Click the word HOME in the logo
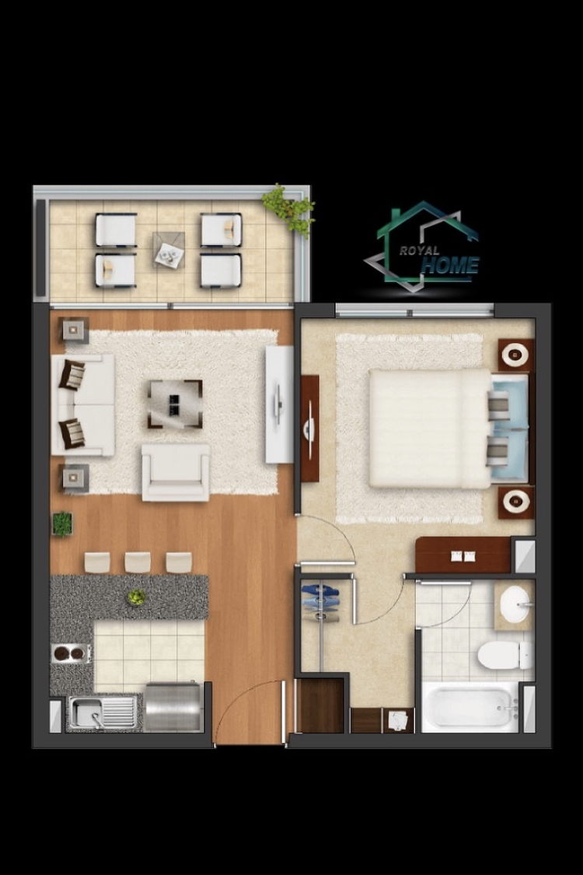[450, 266]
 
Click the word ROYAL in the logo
[420, 250]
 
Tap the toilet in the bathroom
[505, 655]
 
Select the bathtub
[470, 708]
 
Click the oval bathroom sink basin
[515, 604]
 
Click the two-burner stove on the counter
[70, 653]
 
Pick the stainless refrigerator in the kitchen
[173, 706]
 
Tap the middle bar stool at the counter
[138, 562]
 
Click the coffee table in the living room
[175, 404]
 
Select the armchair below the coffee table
[176, 472]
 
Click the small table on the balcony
[169, 250]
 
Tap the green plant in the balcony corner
[289, 208]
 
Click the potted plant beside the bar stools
[62, 524]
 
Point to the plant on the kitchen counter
[137, 597]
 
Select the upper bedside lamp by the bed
[516, 355]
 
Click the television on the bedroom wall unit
[309, 429]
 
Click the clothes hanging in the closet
[320, 602]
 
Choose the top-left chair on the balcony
[116, 230]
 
